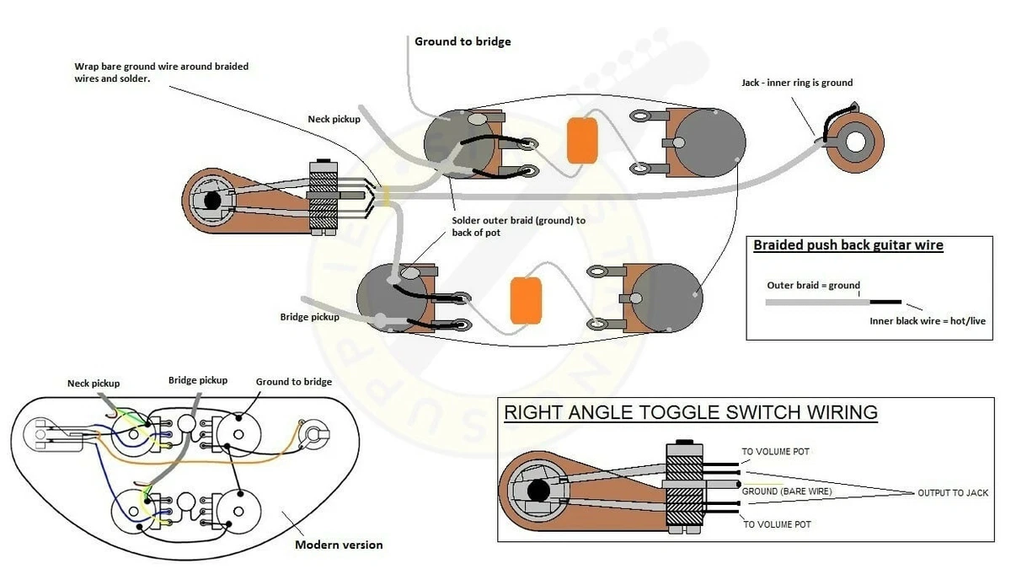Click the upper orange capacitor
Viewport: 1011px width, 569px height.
pos(582,141)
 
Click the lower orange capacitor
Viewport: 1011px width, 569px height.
pos(526,301)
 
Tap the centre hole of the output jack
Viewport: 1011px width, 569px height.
pos(855,142)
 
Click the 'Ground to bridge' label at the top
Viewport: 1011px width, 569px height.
pos(463,41)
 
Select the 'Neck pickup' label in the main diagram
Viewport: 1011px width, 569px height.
pos(334,119)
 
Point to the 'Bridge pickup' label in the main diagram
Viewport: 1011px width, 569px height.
pos(310,317)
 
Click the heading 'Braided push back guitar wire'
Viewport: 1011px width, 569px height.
pos(848,244)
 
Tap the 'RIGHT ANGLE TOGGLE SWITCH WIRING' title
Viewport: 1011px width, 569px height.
pos(691,412)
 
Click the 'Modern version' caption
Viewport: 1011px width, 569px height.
pos(339,545)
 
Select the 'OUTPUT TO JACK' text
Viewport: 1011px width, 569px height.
pos(953,493)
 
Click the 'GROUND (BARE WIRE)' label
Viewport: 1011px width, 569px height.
pos(787,491)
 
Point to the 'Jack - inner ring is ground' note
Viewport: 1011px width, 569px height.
pos(797,83)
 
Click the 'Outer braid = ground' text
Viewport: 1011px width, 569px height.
pos(813,286)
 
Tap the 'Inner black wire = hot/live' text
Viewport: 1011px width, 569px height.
pos(928,321)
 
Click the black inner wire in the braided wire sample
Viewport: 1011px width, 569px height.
pos(885,302)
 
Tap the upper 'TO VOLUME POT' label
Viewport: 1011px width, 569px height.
pos(775,452)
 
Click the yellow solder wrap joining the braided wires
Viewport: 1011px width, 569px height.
pos(385,196)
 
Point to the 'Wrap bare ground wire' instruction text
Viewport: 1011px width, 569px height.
pos(161,72)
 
